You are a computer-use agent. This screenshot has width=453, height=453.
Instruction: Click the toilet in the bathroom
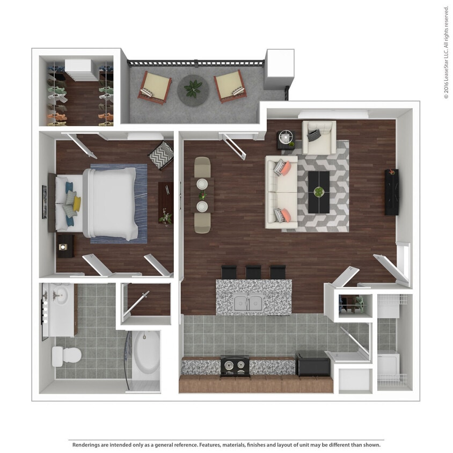67,355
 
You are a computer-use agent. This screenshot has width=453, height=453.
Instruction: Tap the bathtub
146,355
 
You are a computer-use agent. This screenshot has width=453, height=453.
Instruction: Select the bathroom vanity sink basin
61,295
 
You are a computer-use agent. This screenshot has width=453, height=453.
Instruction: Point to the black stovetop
235,366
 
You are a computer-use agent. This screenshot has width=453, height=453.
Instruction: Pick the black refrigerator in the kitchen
312,364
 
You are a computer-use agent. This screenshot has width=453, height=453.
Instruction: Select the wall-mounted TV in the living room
391,192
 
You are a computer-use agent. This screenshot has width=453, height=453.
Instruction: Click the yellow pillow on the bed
77,203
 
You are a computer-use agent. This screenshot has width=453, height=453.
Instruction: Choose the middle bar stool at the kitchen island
253,272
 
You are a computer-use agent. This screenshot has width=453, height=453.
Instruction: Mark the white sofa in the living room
281,192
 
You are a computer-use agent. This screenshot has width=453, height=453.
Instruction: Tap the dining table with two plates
202,195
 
